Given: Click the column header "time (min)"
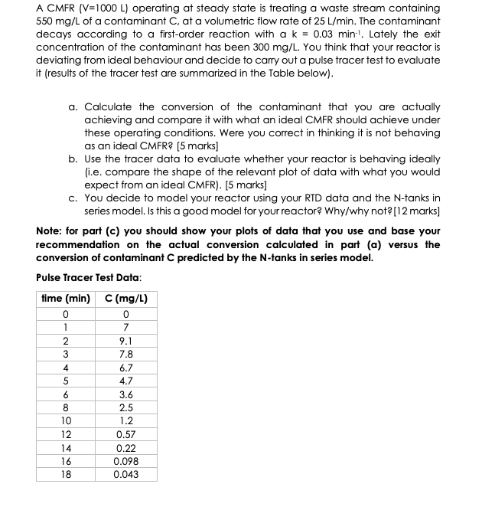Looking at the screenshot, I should [65, 297].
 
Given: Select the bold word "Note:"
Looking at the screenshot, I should [50, 230].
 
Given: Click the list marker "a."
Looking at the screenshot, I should [73, 108].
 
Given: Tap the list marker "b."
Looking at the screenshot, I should [73, 159].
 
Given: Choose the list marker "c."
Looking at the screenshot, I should [73, 198].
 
